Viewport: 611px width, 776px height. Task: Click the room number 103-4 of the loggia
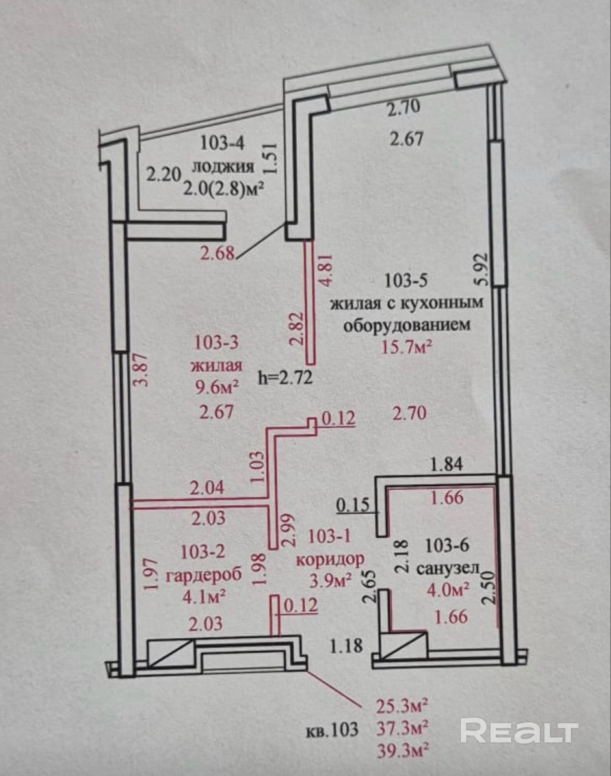(x=222, y=144)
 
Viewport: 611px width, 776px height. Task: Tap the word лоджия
(x=224, y=167)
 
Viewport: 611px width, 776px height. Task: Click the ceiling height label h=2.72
(x=285, y=378)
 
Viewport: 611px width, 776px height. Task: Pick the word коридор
(x=330, y=559)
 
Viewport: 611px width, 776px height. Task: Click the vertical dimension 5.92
(x=484, y=269)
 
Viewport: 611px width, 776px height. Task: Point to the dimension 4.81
(x=325, y=270)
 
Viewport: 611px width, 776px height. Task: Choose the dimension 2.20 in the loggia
(x=163, y=174)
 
